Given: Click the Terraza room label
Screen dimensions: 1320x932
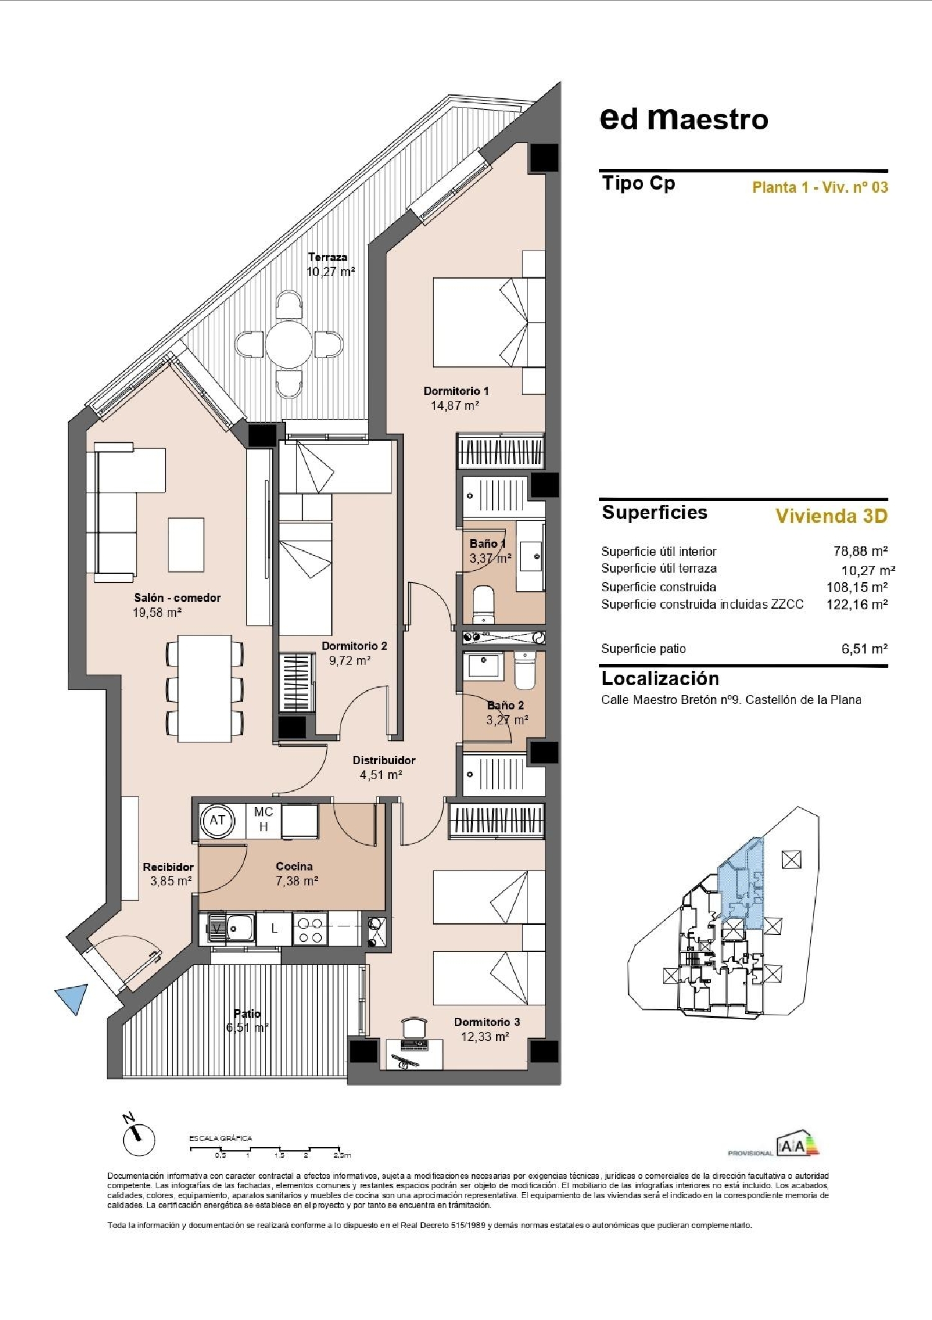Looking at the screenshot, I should tap(327, 257).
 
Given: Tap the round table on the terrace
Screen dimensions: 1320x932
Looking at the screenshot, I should tap(289, 344).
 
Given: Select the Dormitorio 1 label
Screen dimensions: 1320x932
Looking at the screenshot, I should tap(455, 391).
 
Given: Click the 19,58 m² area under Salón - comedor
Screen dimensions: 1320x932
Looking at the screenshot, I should tap(157, 612).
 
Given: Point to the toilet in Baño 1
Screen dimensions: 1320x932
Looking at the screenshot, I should tap(483, 603).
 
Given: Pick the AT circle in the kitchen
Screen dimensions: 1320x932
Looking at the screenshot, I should tap(217, 820).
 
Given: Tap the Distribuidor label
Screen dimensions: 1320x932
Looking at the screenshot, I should tap(383, 760).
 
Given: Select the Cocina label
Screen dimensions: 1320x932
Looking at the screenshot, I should tap(294, 866).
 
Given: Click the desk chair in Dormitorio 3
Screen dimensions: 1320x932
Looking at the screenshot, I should tap(414, 1027).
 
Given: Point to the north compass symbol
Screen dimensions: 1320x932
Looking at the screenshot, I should tap(139, 1139).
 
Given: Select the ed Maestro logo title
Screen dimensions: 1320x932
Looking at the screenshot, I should tap(683, 119).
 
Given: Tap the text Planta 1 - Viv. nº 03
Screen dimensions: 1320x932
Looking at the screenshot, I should tap(820, 187).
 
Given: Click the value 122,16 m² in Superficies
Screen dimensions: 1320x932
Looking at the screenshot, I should tap(856, 604).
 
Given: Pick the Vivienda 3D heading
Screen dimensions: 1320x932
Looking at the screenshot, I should tap(831, 516).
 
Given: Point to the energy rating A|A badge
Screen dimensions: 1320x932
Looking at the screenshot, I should tap(798, 1145).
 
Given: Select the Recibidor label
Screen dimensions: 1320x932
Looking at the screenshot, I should tap(168, 867).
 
